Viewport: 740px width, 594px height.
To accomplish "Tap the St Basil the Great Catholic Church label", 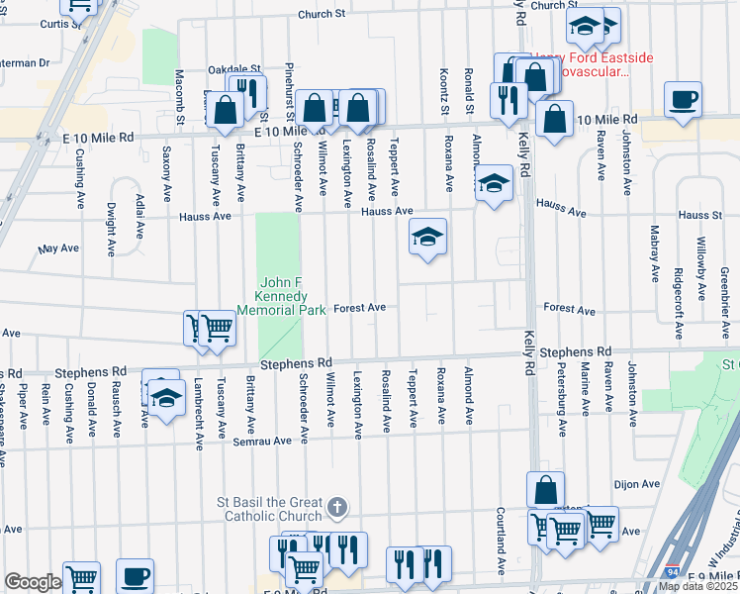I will [x=270, y=509].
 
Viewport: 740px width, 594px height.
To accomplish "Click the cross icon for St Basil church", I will [x=337, y=508].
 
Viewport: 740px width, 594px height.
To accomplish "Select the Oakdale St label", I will [x=233, y=69].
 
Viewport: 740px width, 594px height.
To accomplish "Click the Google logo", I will [x=33, y=582].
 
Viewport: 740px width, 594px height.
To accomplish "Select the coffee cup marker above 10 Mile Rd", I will [x=683, y=100].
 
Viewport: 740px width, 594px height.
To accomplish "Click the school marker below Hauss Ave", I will [x=427, y=238].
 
